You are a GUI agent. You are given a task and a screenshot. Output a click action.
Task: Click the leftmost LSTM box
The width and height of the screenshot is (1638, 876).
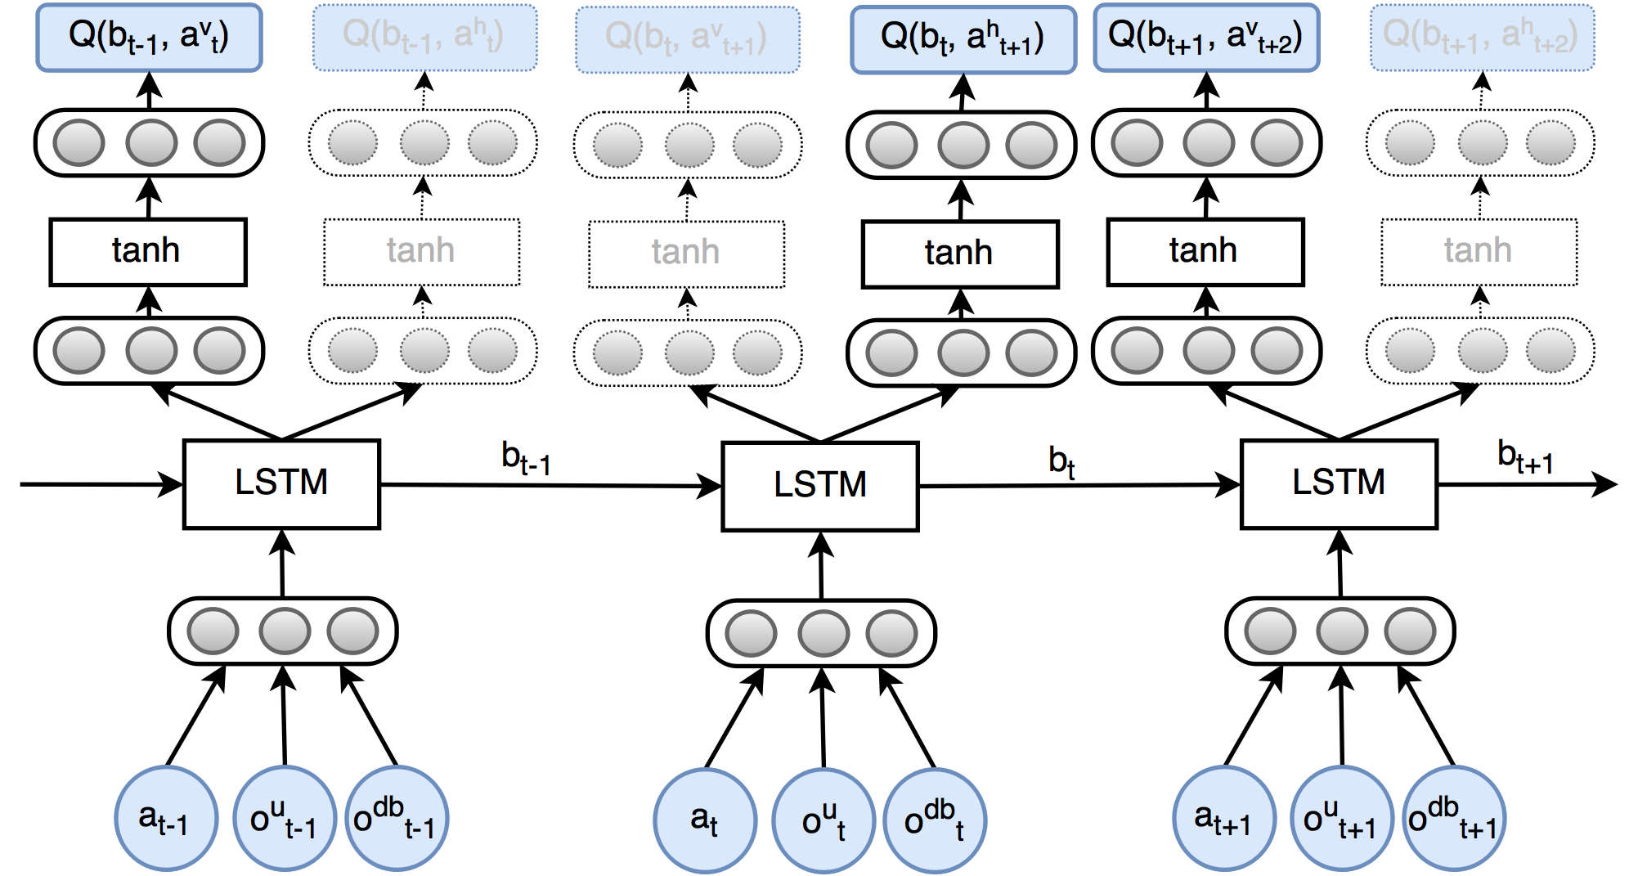[x=281, y=484]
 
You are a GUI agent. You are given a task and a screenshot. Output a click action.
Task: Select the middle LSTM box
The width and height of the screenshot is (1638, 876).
[x=820, y=486]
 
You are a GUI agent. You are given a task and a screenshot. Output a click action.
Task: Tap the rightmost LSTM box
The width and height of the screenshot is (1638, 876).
[x=1339, y=484]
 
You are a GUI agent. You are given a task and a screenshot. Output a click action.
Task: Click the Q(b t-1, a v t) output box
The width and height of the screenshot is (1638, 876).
[x=149, y=38]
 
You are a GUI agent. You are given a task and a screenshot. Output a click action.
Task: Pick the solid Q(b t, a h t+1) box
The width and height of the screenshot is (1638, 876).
[x=963, y=39]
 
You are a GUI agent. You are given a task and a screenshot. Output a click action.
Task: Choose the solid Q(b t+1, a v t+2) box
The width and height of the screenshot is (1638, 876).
[x=1206, y=38]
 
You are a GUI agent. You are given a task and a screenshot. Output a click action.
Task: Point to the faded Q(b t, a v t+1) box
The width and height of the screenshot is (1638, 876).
[x=687, y=39]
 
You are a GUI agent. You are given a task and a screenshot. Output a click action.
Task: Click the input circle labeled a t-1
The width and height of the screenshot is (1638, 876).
[x=166, y=818]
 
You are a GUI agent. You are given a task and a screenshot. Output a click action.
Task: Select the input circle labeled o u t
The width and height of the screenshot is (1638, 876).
[x=823, y=820]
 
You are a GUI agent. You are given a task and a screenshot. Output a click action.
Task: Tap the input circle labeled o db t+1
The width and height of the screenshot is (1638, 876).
[x=1454, y=819]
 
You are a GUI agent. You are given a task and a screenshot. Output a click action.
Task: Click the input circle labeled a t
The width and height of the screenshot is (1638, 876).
[x=705, y=820]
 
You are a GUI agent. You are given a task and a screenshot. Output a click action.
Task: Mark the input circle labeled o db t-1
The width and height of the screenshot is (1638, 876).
[x=397, y=818]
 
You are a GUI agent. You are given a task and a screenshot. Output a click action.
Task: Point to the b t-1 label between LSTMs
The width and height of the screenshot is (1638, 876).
[x=526, y=459]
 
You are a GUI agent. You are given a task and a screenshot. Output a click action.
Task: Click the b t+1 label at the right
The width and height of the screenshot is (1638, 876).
[x=1525, y=456]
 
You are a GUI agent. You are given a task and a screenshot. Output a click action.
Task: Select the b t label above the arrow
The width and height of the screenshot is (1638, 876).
[x=1061, y=462]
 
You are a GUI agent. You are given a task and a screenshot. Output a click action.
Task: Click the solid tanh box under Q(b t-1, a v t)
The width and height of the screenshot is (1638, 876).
[x=148, y=251]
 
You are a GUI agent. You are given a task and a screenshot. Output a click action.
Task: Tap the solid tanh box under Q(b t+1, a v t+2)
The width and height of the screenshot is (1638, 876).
[x=1205, y=251]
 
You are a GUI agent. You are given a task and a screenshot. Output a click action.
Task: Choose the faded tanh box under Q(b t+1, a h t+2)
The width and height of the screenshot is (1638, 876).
[x=1479, y=251]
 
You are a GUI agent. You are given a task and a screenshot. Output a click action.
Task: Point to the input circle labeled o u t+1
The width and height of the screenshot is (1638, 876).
[x=1341, y=819]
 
